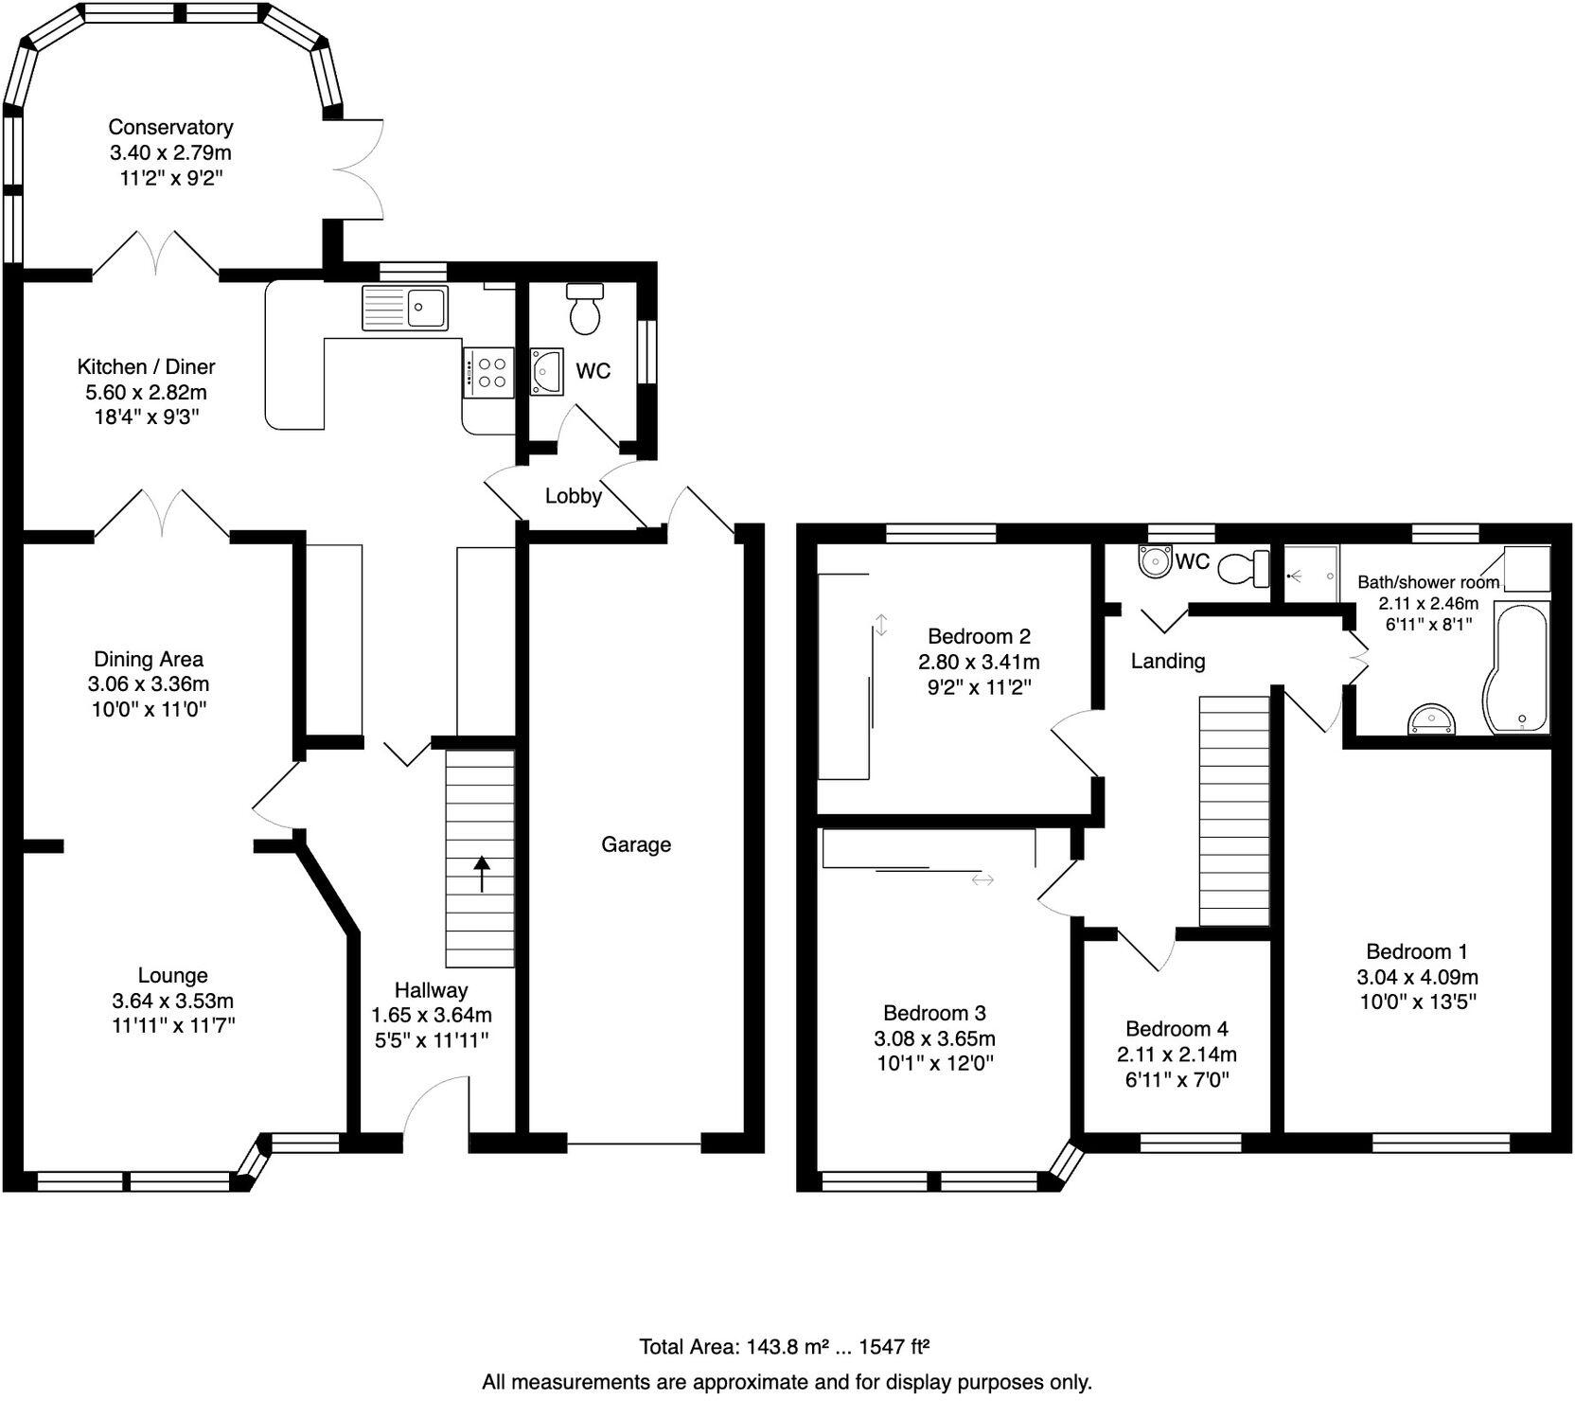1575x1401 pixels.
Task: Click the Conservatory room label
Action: click(170, 127)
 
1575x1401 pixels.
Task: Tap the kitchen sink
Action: click(404, 308)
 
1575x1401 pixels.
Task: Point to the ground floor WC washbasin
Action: click(548, 370)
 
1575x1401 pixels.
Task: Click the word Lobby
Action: click(574, 496)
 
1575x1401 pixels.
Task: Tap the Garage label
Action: click(636, 844)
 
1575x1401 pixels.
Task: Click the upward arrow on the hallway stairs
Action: click(482, 874)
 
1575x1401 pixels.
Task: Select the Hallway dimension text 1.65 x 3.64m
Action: click(432, 1016)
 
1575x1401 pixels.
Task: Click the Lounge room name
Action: click(173, 975)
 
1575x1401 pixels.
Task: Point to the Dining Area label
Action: click(149, 659)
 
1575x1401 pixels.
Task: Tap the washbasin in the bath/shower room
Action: click(1431, 720)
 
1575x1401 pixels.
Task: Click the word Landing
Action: click(1168, 661)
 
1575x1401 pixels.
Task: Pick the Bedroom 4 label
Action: click(1177, 1029)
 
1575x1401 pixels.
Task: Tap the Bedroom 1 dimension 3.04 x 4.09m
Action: click(1418, 977)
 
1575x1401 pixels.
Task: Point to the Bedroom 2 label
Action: click(979, 636)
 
